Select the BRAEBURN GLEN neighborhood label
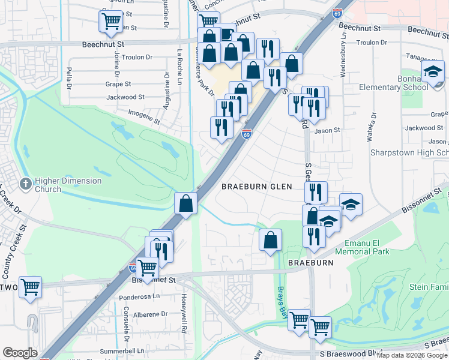tap(256, 187)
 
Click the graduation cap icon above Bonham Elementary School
tap(432, 73)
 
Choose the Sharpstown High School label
tap(409, 153)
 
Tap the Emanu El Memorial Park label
tap(367, 247)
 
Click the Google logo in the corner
tap(20, 353)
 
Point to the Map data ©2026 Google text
tap(412, 355)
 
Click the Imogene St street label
tap(144, 116)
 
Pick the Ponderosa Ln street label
tap(139, 296)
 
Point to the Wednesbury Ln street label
tap(343, 60)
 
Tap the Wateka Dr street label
tap(373, 125)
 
